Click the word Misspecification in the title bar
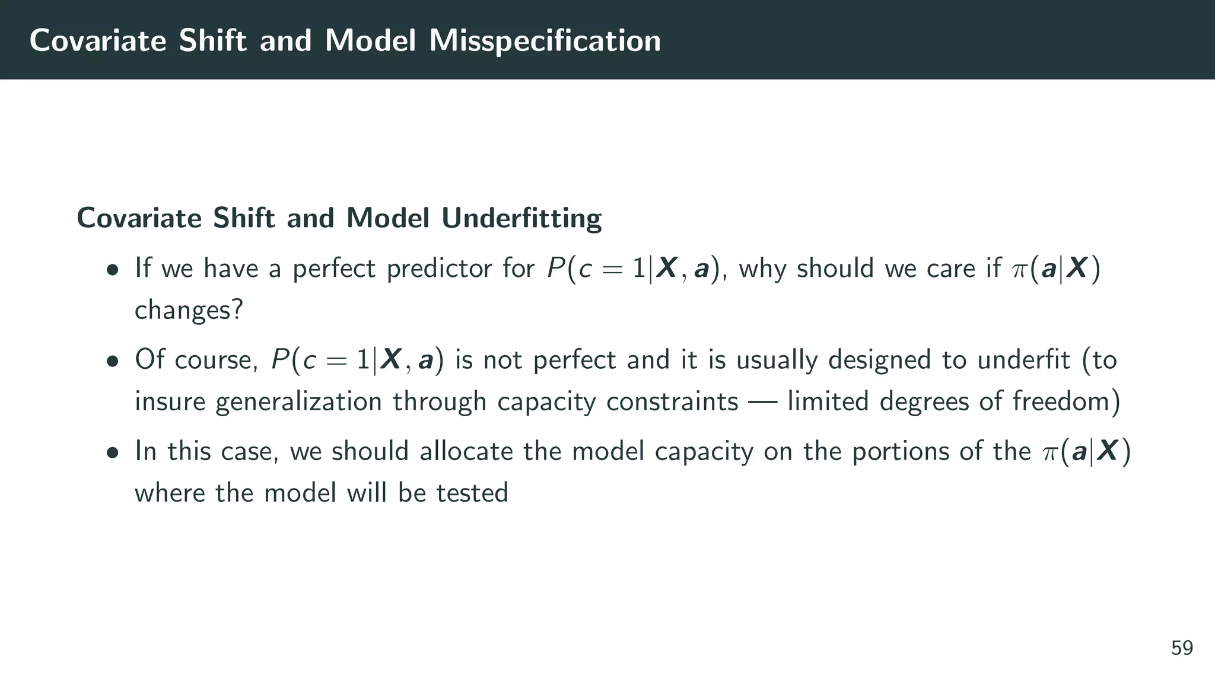point(545,41)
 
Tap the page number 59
point(1182,648)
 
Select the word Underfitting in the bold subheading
point(521,218)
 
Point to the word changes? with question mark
point(189,310)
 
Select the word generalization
point(298,402)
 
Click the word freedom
point(1065,401)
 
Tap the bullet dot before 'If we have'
point(112,270)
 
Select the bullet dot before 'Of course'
point(112,362)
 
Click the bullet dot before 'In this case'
point(112,453)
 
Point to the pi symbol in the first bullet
point(1019,270)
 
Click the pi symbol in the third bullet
point(1049,452)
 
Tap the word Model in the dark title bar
point(370,41)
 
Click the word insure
point(169,401)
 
